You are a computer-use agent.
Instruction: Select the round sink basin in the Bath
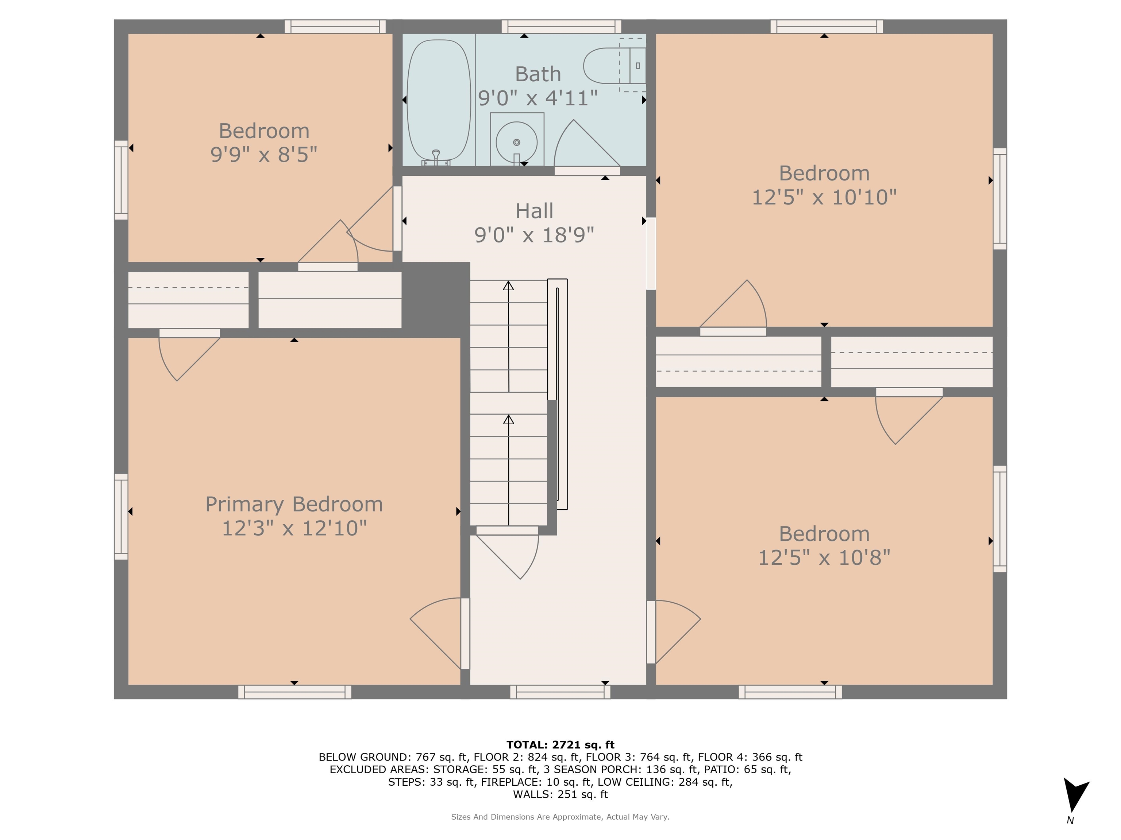(x=516, y=142)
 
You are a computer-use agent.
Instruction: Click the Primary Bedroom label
(x=294, y=504)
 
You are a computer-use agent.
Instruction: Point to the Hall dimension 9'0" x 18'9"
(x=534, y=235)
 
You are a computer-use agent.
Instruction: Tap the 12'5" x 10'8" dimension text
(x=824, y=557)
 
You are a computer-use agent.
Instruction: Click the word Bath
(x=538, y=74)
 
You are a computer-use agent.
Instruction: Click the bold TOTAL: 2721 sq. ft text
(x=560, y=745)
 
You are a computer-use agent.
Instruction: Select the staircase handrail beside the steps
(x=558, y=394)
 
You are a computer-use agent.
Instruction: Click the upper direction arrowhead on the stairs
(x=508, y=285)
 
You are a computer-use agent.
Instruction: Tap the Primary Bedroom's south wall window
(x=294, y=692)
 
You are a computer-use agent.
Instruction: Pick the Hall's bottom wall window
(x=560, y=692)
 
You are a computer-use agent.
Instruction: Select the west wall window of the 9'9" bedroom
(x=121, y=180)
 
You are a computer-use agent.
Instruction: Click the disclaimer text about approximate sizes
(x=560, y=817)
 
